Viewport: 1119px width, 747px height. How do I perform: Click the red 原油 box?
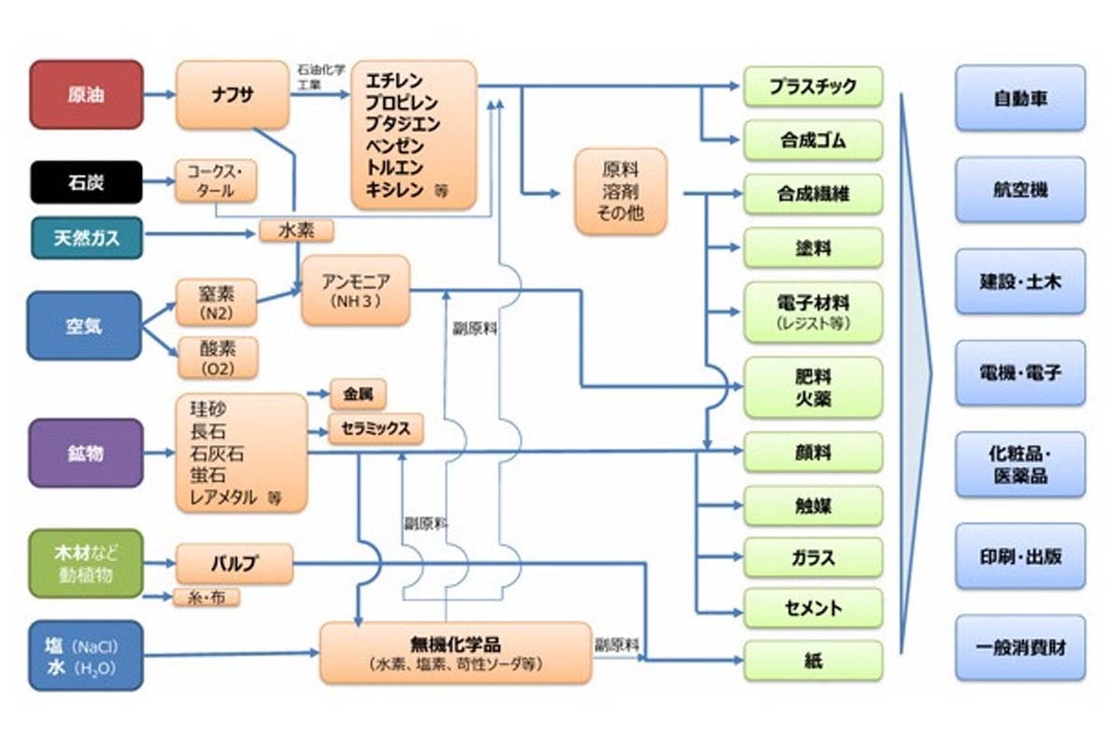86,94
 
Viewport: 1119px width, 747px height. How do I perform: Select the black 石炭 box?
86,181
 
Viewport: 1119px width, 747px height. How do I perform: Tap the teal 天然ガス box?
87,237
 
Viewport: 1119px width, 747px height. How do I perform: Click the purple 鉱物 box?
86,453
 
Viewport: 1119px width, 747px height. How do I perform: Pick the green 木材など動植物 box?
86,563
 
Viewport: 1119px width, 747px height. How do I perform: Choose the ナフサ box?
232,94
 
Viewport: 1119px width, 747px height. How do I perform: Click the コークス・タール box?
216,181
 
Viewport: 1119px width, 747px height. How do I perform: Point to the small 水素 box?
297,230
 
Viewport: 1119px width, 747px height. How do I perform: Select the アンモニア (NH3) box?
355,289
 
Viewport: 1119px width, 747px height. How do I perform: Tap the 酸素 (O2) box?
216,358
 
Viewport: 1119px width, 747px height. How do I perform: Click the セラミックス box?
375,429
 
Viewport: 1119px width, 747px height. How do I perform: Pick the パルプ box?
233,563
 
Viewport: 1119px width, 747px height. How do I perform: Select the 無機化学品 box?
455,652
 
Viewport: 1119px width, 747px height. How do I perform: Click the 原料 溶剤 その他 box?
621,190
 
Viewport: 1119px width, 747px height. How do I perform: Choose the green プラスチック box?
813,86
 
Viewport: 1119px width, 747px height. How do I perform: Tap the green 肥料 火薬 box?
813,387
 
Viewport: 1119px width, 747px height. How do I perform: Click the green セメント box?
813,609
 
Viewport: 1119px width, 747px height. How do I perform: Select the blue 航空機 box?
1020,190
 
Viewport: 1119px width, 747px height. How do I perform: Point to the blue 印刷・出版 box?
1020,557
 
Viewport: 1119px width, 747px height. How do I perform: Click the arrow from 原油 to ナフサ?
160,94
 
